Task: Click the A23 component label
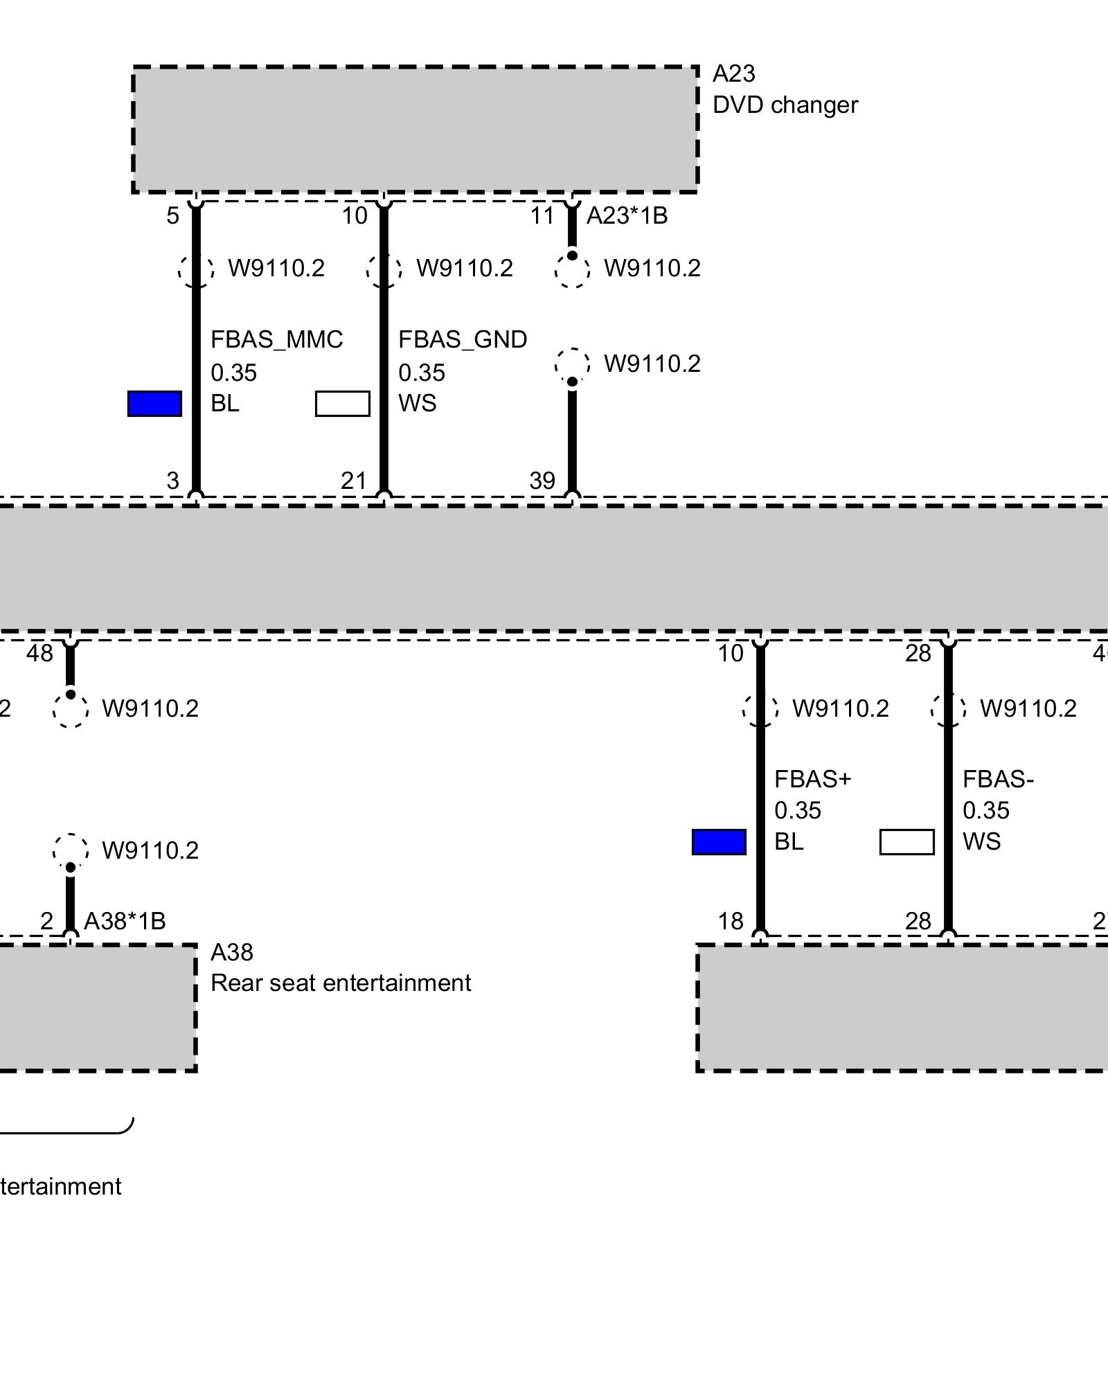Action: [x=733, y=73]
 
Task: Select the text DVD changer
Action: [x=785, y=105]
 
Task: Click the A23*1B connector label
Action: [x=627, y=216]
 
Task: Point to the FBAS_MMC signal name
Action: [x=276, y=339]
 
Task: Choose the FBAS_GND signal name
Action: [x=463, y=339]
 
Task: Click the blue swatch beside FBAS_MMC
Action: [x=154, y=404]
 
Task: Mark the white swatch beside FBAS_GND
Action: [x=342, y=404]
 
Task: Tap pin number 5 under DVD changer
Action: [x=172, y=216]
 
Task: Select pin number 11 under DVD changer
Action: [x=542, y=216]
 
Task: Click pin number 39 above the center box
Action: [x=542, y=481]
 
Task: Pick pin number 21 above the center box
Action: [x=354, y=481]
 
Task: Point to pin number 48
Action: [x=39, y=653]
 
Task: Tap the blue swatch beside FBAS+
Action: [x=719, y=842]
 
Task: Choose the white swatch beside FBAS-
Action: [x=906, y=842]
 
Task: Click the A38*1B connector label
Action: [x=125, y=921]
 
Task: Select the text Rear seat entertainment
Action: [x=341, y=983]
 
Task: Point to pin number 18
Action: [x=731, y=921]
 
